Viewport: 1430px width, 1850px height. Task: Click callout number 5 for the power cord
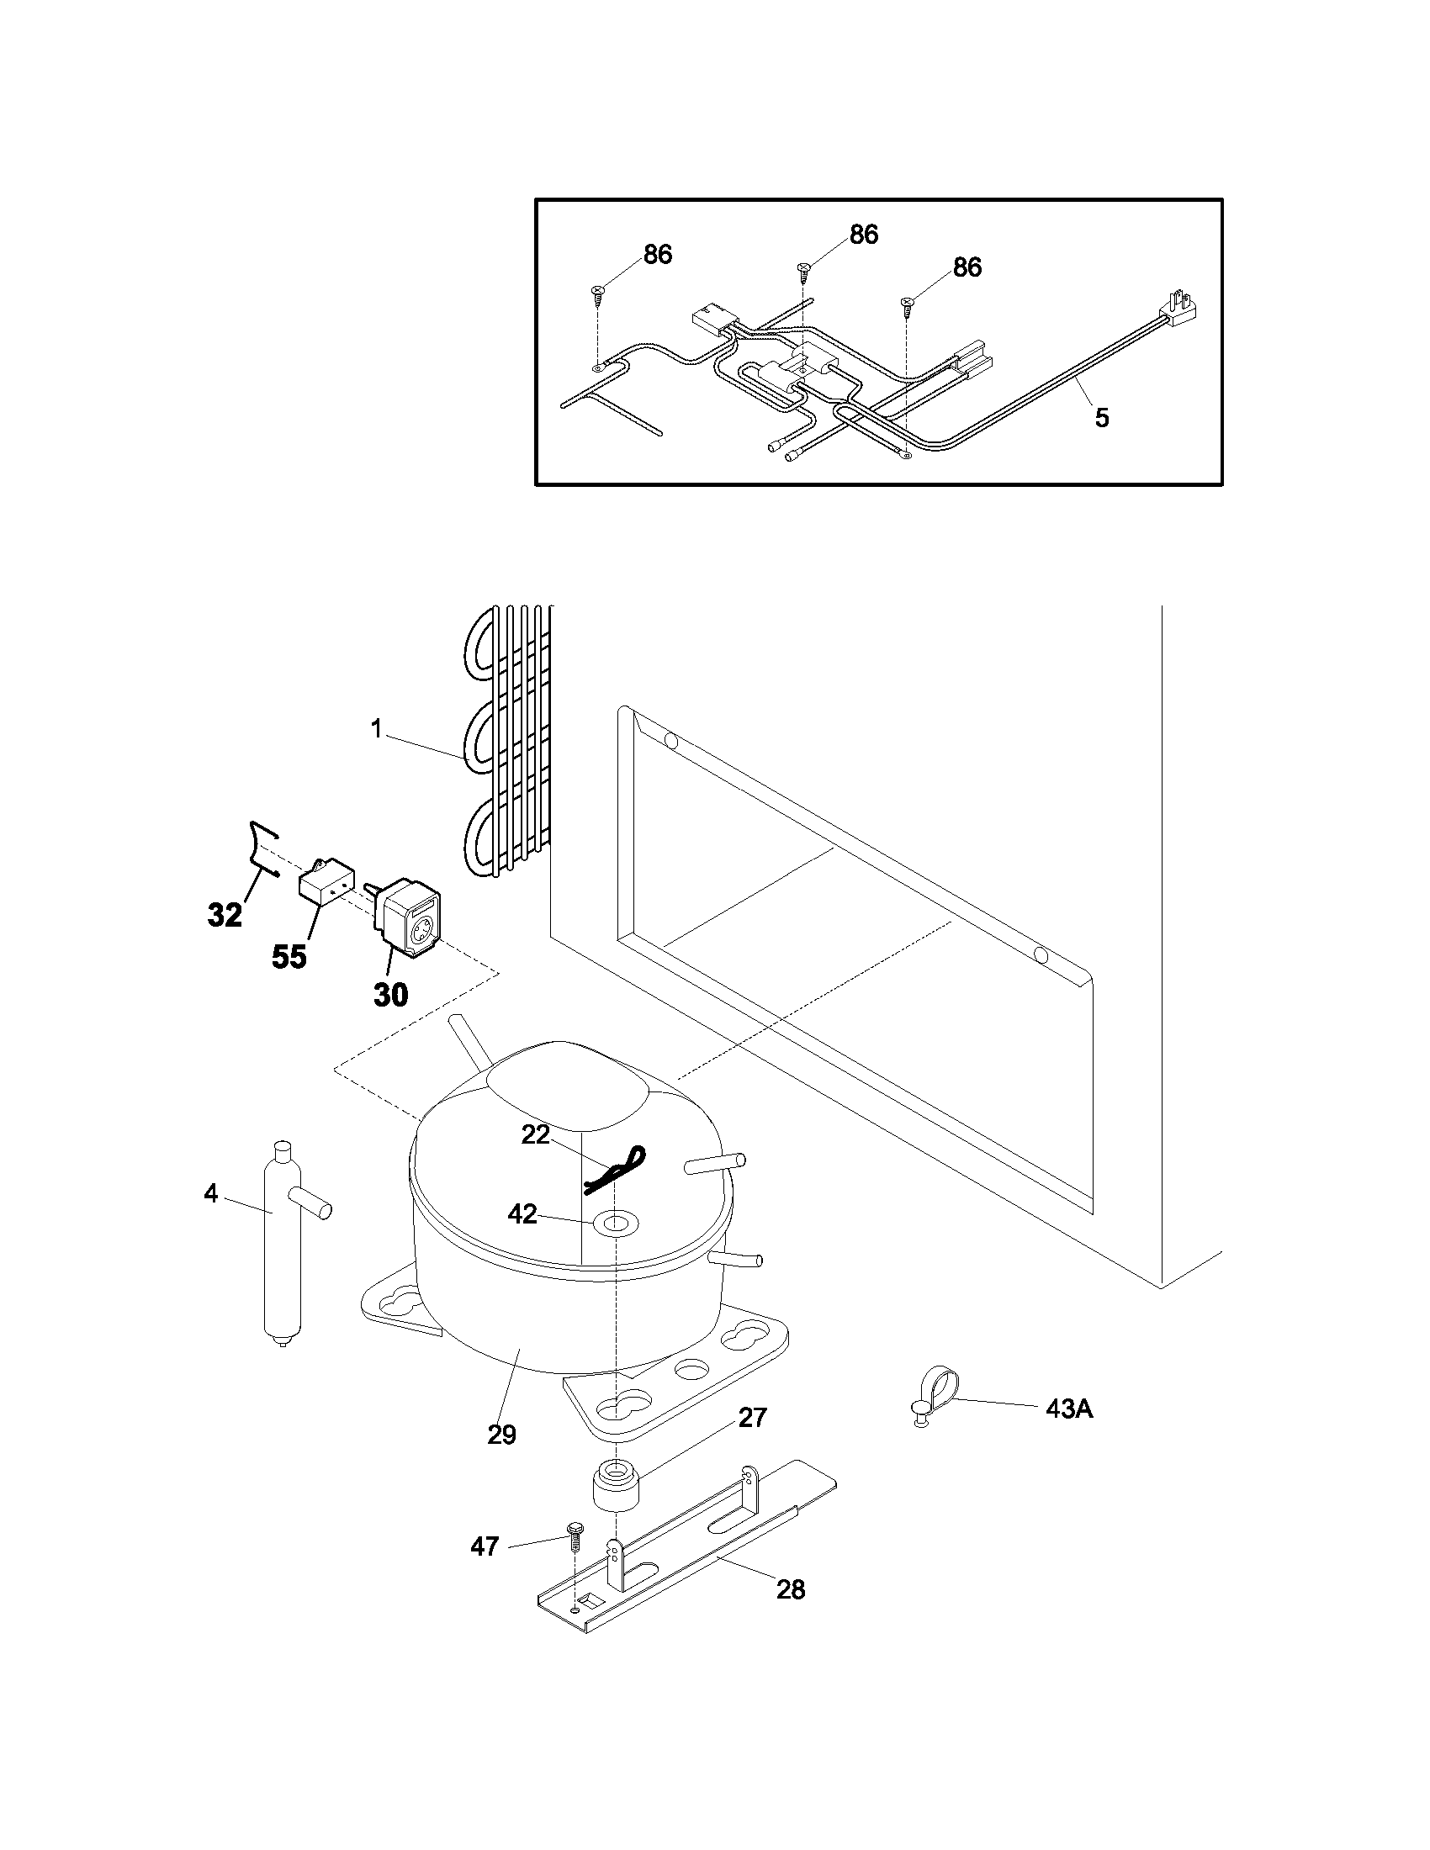coord(1101,418)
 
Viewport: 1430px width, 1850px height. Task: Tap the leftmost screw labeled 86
coord(598,293)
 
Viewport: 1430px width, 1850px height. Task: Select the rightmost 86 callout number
coord(967,267)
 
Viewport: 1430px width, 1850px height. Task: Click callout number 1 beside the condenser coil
coord(376,729)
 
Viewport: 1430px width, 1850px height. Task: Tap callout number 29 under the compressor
coord(501,1435)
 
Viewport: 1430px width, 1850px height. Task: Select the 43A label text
coord(1069,1409)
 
